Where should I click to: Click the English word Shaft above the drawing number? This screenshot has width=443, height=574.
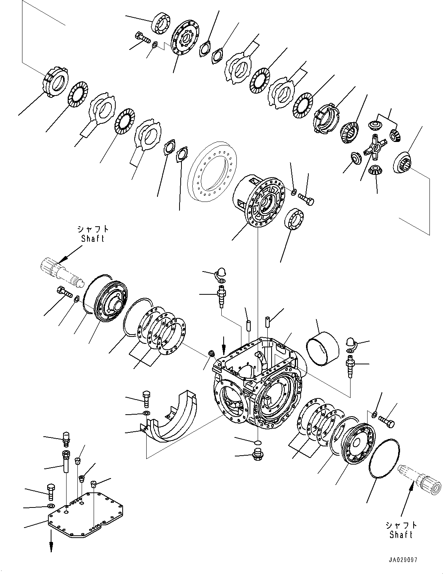[401, 535]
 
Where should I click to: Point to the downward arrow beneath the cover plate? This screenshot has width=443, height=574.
[51, 545]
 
